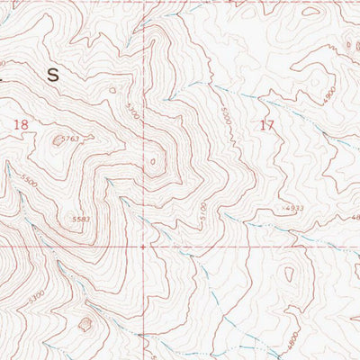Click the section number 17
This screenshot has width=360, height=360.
click(265, 126)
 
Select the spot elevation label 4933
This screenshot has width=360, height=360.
click(293, 208)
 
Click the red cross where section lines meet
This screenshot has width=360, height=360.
click(143, 244)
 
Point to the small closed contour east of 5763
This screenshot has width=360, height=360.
click(152, 163)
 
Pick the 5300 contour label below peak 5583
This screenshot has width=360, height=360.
click(36, 293)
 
